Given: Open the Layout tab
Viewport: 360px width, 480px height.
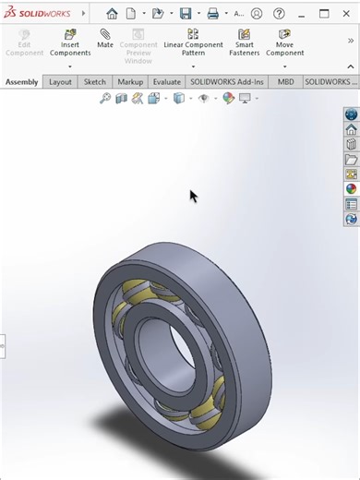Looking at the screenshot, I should (x=60, y=81).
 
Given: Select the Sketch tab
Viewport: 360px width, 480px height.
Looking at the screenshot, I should (x=95, y=81).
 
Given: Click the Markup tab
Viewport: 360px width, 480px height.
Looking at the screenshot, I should (x=130, y=81).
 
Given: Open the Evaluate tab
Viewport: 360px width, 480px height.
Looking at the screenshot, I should (x=167, y=81).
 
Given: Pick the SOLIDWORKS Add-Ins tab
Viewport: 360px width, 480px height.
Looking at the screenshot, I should (x=228, y=81).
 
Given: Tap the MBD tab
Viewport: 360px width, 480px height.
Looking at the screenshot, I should (x=286, y=81).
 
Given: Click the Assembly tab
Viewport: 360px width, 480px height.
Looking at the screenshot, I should (x=22, y=81).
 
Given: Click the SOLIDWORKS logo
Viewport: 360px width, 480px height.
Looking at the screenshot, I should (x=40, y=14).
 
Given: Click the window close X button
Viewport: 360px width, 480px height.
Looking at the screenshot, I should (x=347, y=14).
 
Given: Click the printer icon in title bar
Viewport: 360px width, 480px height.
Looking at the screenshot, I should (x=212, y=14).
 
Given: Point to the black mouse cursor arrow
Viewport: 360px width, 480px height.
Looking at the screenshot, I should (x=193, y=195).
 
